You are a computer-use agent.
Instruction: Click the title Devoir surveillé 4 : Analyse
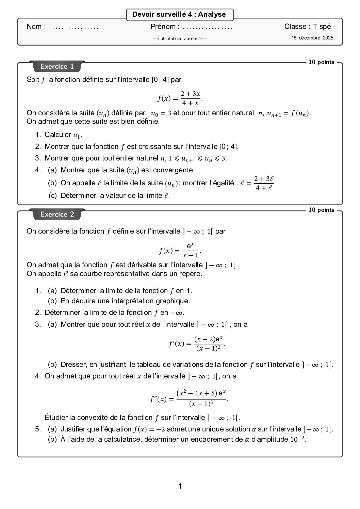(179, 15)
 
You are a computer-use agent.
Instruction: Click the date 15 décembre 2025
(312, 38)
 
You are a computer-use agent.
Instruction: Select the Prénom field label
(163, 27)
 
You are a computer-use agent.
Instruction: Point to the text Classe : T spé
(307, 27)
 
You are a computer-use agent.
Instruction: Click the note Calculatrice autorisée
(180, 39)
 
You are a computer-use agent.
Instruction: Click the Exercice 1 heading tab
(57, 66)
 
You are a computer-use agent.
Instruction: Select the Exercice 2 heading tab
(57, 214)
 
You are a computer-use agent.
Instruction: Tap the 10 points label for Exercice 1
(321, 62)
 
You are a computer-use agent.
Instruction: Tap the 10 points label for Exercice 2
(321, 210)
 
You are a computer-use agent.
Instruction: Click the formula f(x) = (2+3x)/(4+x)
(180, 98)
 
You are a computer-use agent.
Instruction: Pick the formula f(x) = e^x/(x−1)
(180, 250)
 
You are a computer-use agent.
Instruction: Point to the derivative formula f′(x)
(197, 343)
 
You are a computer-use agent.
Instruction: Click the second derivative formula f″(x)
(189, 398)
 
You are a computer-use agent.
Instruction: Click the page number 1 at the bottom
(180, 486)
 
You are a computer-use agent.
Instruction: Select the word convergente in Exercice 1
(177, 170)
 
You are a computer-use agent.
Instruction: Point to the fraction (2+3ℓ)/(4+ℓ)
(264, 183)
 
